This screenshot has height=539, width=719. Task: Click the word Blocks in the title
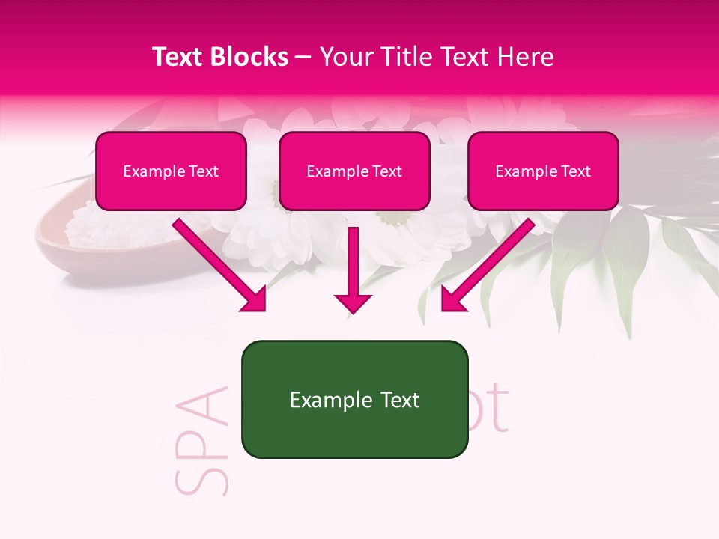[252, 57]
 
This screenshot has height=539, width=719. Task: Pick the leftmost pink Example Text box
[171, 171]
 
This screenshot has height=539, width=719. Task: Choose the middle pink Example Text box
[354, 171]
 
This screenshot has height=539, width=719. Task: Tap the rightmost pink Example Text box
[543, 171]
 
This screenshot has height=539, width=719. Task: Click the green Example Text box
[354, 400]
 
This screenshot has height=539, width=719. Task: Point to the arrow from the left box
[221, 266]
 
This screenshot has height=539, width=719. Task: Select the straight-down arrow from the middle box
[353, 269]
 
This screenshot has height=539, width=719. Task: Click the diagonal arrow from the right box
[487, 266]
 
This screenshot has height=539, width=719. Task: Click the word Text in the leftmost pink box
[203, 171]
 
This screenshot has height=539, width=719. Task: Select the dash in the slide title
[303, 57]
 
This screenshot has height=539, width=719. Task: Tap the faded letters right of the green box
[491, 410]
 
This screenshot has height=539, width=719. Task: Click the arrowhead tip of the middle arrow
[353, 310]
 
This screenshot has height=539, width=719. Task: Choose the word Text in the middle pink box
[386, 171]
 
